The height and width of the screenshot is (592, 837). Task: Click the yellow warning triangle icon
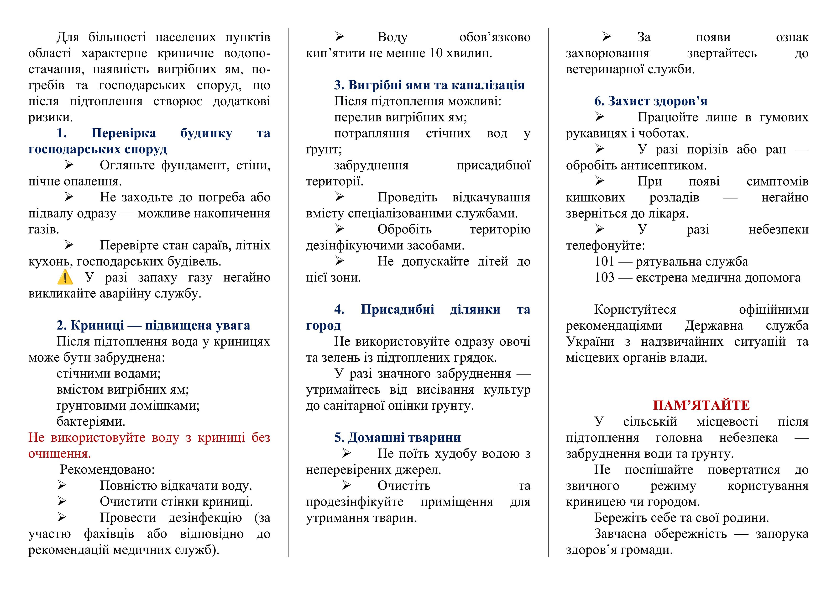tap(65, 278)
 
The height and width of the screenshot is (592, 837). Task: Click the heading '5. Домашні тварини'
tap(397, 437)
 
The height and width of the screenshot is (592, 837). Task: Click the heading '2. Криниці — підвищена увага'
tap(153, 325)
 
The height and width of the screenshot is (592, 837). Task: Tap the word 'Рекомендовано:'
tap(108, 470)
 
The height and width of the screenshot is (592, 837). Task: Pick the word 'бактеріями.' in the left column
tap(91, 421)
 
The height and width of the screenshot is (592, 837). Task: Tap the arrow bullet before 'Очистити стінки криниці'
tap(62, 501)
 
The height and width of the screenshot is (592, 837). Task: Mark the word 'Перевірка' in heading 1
tap(124, 133)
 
